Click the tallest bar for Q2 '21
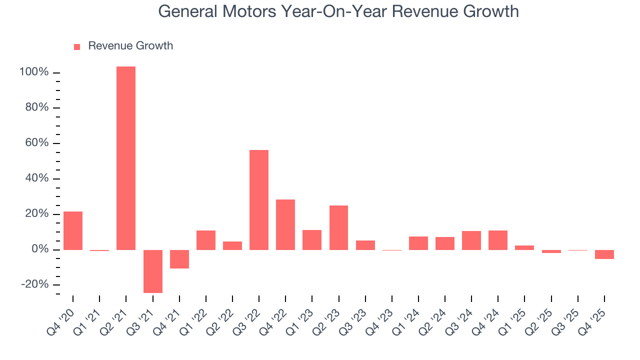(x=126, y=158)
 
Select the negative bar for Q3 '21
(x=152, y=271)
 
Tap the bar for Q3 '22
(x=259, y=199)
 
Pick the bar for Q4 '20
(x=73, y=230)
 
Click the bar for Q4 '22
(x=285, y=224)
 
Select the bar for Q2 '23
(x=338, y=227)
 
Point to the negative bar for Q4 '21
(x=179, y=259)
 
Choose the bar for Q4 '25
(x=604, y=254)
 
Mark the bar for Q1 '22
(x=206, y=240)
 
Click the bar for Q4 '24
(x=498, y=240)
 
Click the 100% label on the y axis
(x=34, y=72)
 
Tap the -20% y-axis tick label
(x=35, y=285)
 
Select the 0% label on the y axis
(x=39, y=249)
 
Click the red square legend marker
(x=77, y=46)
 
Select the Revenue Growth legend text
(x=130, y=46)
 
